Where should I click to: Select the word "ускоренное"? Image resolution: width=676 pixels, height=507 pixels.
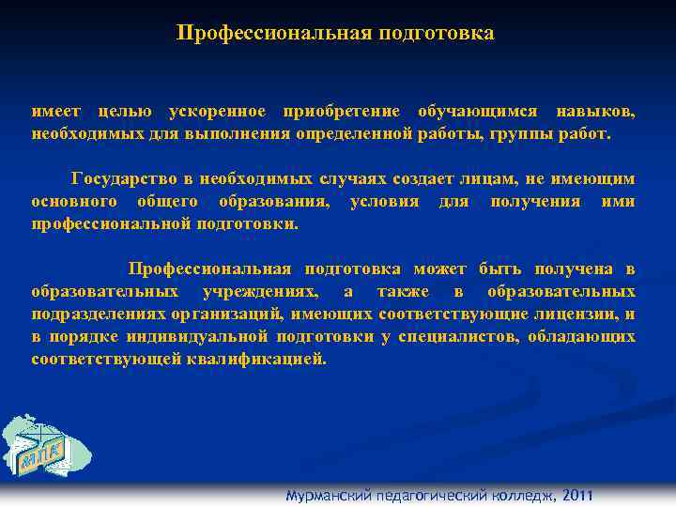tap(213, 114)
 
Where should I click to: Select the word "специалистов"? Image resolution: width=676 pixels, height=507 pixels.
tap(456, 336)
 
